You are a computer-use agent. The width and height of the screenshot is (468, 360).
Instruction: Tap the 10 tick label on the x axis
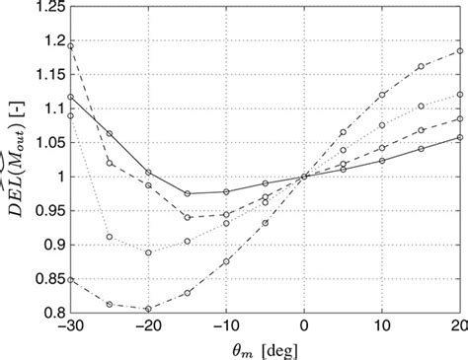click(382, 326)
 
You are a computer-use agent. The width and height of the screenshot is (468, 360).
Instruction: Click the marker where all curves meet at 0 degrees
click(304, 177)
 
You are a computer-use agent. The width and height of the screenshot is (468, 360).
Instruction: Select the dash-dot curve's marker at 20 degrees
click(460, 50)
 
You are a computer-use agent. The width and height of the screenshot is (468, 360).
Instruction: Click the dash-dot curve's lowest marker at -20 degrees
click(148, 309)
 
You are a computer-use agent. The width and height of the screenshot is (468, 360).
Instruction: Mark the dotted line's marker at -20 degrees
click(148, 252)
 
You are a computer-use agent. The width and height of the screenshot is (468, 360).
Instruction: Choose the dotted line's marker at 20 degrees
click(460, 94)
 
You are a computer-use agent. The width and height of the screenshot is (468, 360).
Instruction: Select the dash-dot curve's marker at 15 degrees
click(422, 66)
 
